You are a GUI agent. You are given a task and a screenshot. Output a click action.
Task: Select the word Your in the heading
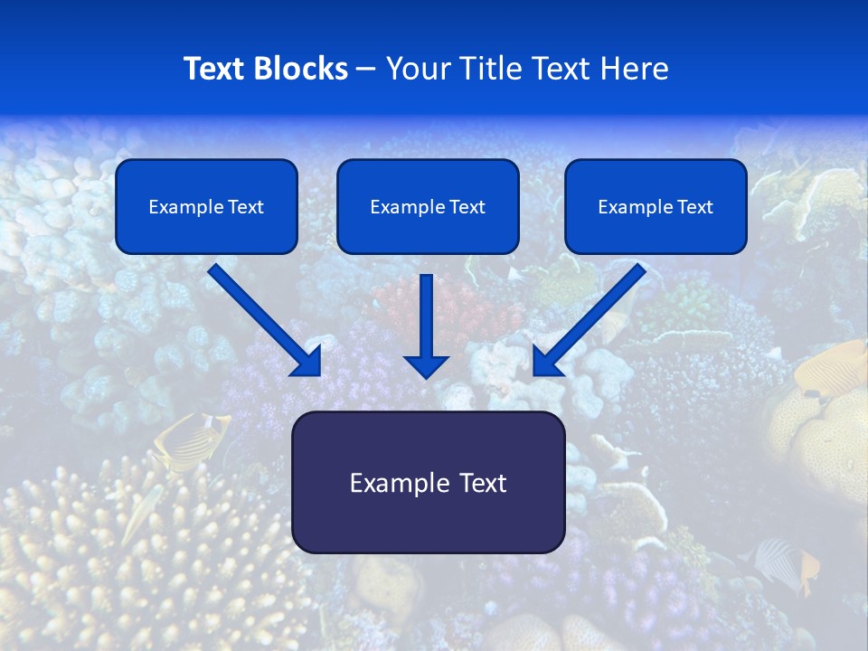pyautogui.click(x=416, y=69)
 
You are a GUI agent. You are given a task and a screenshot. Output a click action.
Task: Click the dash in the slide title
pyautogui.click(x=366, y=70)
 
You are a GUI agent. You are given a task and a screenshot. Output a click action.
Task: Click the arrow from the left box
pyautogui.click(x=262, y=318)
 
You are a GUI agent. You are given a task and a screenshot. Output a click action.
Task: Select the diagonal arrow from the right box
pyautogui.click(x=592, y=318)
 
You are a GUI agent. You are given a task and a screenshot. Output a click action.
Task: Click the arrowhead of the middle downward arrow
pyautogui.click(x=426, y=365)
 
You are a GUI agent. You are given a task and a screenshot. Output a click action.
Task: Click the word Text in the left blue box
pyautogui.click(x=245, y=207)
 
